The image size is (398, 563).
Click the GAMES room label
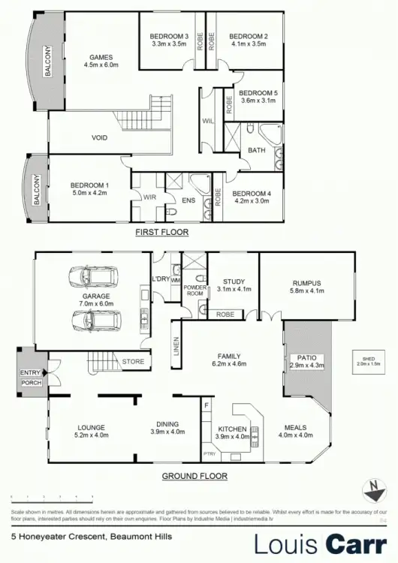coord(101,57)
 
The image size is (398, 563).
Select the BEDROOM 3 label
coord(169,36)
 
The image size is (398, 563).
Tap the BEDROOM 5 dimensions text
coord(258,101)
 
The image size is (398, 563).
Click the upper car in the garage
coord(88,277)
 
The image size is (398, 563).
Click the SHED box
coord(368,362)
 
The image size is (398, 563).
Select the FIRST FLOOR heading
coord(161,233)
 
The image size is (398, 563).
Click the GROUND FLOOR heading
coord(194,476)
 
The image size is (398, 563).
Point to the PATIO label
coord(305,358)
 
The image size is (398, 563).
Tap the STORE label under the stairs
coord(133,362)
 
